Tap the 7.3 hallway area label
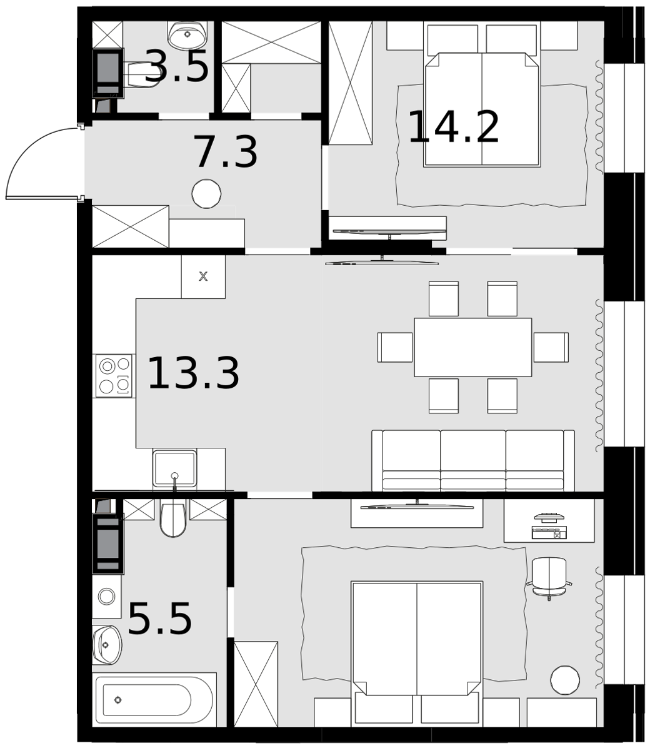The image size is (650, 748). point(226,152)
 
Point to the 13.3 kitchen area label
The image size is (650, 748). point(193,372)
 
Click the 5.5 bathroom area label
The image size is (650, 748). point(160,619)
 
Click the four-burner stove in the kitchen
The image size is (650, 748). point(114,376)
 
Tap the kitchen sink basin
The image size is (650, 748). point(174,469)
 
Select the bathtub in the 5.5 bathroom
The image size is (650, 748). point(154,700)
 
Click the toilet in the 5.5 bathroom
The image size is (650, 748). point(172,518)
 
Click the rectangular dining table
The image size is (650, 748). point(472,347)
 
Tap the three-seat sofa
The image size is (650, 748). point(473,460)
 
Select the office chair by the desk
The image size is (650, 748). point(549,578)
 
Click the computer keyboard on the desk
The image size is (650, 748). point(549,532)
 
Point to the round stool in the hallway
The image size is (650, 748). point(206,194)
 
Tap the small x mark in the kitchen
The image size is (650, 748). point(203,276)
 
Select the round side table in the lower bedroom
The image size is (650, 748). point(565,680)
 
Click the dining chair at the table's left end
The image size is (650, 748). point(396,347)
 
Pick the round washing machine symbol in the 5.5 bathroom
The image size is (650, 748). point(106,596)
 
